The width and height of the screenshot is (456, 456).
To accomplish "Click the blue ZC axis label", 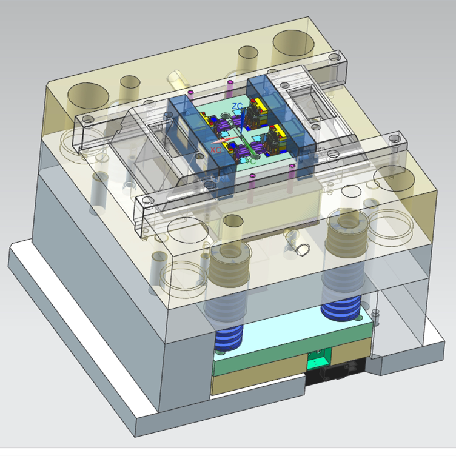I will pos(238,106).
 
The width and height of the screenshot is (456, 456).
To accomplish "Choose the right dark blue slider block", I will pos(282,109).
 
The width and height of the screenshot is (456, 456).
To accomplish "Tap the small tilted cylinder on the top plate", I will pos(176,78).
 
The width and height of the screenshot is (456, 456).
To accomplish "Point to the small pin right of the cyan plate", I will pos(376,316).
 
